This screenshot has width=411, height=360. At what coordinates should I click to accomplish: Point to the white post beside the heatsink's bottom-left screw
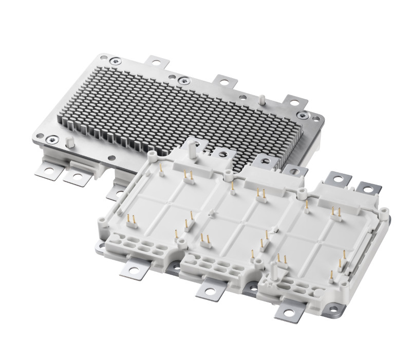coord(68,142)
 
